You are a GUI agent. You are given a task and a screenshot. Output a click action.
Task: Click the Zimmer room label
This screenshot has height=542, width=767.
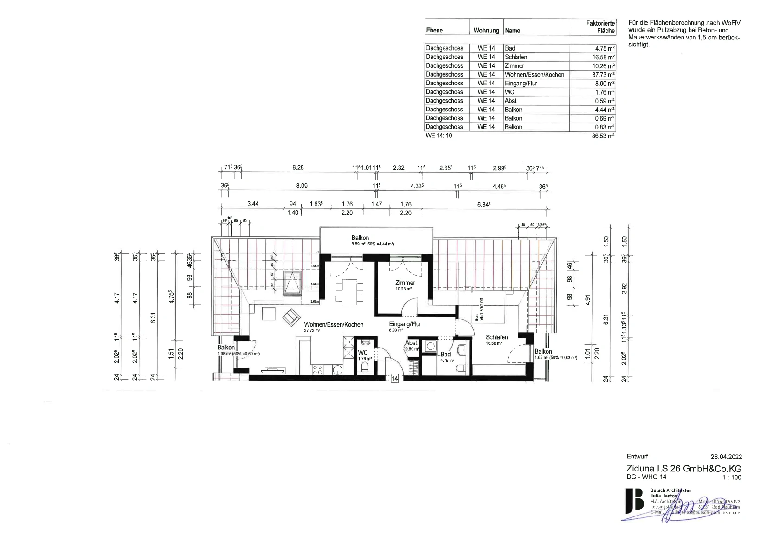tap(405, 283)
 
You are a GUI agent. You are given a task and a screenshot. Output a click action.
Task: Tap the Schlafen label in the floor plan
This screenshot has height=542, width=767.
tap(496, 337)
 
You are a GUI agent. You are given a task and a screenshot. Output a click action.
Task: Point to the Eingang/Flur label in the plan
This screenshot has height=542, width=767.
tap(405, 324)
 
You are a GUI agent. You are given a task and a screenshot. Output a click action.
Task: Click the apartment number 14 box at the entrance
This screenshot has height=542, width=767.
tap(395, 379)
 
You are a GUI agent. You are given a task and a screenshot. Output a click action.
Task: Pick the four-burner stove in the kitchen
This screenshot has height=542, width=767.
tap(318, 369)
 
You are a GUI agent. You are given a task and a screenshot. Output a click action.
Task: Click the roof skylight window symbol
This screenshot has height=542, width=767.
tap(292, 283)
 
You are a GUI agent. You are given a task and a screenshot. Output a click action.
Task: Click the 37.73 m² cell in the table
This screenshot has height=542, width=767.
tap(592, 75)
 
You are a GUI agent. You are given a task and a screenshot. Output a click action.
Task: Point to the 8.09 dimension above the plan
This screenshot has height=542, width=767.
tap(302, 186)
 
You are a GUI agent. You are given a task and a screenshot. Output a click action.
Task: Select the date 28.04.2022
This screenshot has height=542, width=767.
tap(726, 457)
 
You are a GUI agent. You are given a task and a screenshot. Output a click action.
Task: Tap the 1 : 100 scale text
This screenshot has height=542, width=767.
tap(732, 477)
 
